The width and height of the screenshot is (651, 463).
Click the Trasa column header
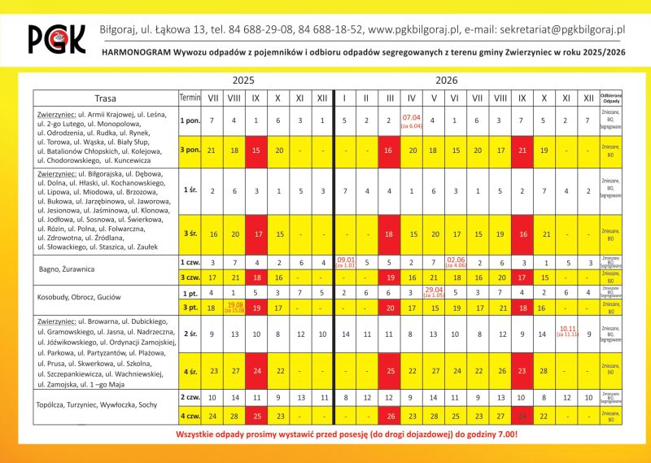[x=105, y=98]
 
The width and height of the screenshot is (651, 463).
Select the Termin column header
[x=190, y=98]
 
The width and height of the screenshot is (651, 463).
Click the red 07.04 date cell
[x=411, y=121]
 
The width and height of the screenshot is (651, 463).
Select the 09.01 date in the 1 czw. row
[x=345, y=263]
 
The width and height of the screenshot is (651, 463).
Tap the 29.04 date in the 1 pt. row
[x=434, y=291]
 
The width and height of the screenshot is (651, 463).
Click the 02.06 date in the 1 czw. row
[x=456, y=263]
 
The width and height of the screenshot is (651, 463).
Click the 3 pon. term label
[x=190, y=151]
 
